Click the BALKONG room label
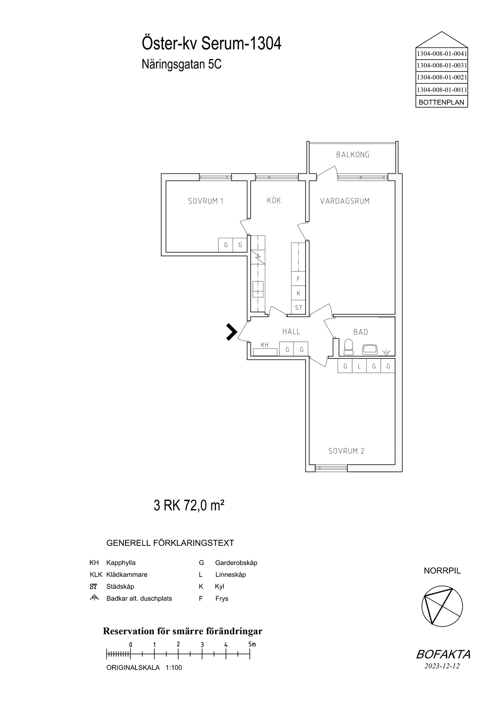(353, 155)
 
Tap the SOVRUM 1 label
(206, 201)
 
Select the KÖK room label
(274, 200)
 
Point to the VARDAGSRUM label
(345, 201)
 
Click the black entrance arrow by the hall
(231, 332)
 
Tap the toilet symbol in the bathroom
(349, 347)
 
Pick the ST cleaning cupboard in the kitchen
(298, 307)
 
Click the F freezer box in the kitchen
(298, 279)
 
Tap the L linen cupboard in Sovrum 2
(359, 366)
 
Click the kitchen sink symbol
(258, 289)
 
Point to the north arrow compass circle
(442, 606)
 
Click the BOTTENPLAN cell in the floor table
(441, 102)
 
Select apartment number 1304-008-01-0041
(441, 54)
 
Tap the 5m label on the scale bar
(252, 644)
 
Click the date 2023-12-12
(442, 666)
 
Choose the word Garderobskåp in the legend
(236, 563)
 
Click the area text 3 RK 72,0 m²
(189, 505)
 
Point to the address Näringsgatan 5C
(182, 65)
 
